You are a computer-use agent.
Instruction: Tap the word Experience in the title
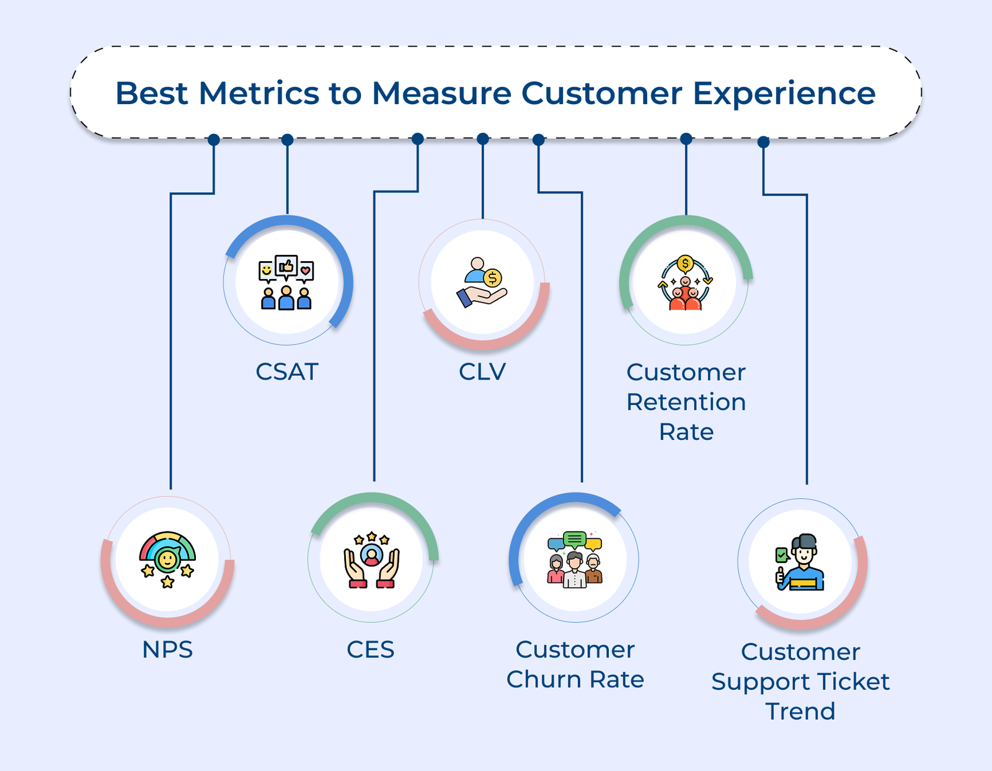tap(784, 94)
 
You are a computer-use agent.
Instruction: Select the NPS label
tap(167, 649)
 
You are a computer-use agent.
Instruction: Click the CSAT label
tap(287, 372)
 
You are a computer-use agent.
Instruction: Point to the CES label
tap(370, 649)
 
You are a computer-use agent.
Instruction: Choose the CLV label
tap(482, 372)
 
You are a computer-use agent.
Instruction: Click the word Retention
tap(686, 402)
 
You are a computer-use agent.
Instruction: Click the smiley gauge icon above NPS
tap(167, 558)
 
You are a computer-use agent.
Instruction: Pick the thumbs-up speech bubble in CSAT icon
tap(286, 267)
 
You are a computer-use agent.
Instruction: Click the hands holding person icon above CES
tap(371, 560)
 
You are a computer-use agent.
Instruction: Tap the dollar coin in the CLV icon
tap(493, 278)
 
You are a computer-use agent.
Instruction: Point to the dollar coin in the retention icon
tap(685, 264)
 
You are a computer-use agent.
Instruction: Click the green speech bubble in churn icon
tap(575, 538)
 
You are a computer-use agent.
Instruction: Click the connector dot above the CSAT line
tap(287, 140)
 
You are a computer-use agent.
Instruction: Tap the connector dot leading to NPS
tap(214, 140)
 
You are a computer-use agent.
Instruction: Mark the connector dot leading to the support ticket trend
tap(764, 142)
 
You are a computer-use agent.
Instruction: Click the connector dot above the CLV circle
tap(483, 139)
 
